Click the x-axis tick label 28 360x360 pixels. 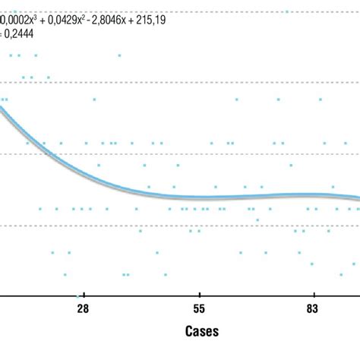click(83, 308)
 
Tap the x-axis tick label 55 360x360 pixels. click(198, 308)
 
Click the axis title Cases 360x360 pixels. click(202, 331)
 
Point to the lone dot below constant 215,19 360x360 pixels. click(119, 55)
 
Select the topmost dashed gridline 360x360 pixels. click(190, 11)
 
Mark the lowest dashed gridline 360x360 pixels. click(190, 224)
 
